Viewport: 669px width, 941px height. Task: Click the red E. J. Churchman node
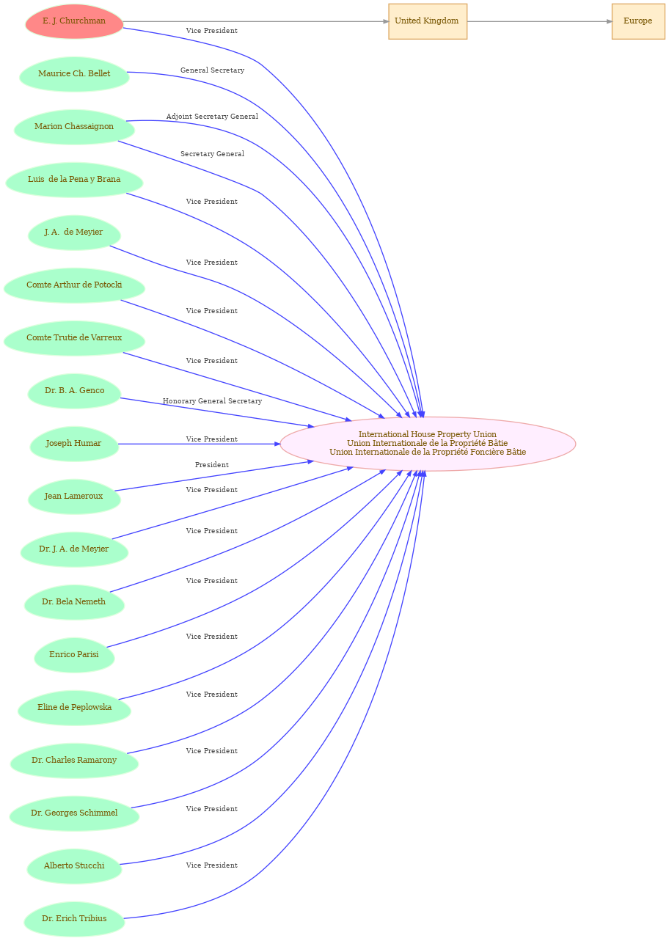point(74,21)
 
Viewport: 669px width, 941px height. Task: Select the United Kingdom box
point(428,21)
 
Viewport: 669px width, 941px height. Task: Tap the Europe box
point(638,21)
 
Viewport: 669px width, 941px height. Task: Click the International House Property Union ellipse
point(428,444)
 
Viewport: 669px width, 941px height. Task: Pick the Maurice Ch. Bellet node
point(74,74)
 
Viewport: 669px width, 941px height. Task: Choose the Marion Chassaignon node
point(74,127)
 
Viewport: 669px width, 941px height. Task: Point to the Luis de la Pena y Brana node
point(74,180)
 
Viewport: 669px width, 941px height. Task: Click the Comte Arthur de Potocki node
point(74,285)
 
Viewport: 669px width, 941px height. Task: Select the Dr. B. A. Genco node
point(74,391)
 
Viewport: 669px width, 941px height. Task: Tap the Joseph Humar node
point(74,444)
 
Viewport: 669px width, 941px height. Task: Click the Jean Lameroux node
point(74,497)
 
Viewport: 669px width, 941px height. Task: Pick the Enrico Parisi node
point(74,655)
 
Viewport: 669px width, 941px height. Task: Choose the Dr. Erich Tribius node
point(74,919)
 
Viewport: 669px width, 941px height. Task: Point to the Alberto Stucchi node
point(74,866)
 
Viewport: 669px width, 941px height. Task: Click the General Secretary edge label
point(212,70)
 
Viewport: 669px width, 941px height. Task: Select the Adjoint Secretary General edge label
point(212,117)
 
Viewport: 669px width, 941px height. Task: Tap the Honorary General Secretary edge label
point(212,400)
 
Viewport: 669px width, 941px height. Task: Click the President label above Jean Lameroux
point(212,464)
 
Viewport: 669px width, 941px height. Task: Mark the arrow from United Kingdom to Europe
point(539,21)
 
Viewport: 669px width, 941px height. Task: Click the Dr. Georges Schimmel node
point(74,813)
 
